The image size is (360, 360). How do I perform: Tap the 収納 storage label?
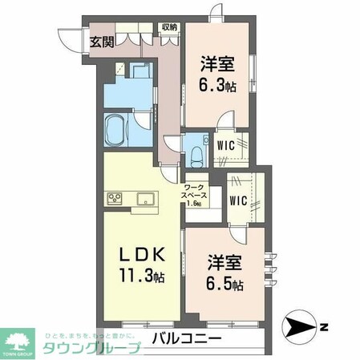pyautogui.click(x=169, y=26)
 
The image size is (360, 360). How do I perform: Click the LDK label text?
pyautogui.click(x=144, y=255)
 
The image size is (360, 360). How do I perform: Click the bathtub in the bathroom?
pyautogui.click(x=117, y=131)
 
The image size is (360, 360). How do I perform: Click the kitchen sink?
pyautogui.click(x=147, y=197)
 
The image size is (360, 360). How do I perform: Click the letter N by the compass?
pyautogui.click(x=323, y=326)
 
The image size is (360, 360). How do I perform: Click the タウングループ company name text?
pyautogui.click(x=91, y=347)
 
